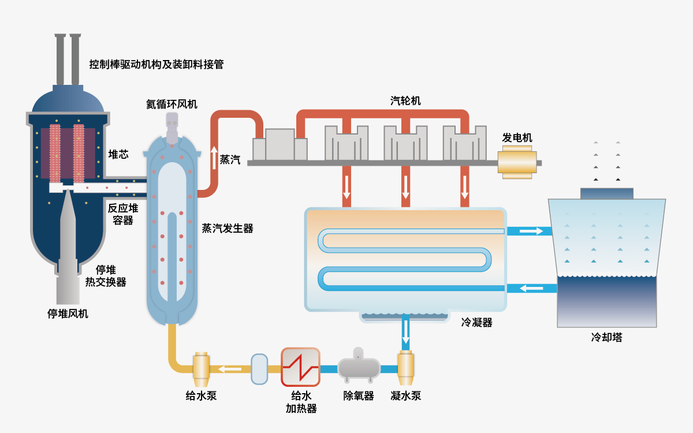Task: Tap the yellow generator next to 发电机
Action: tap(517, 162)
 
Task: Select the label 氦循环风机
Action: tap(172, 104)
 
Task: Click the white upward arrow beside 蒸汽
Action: tap(214, 158)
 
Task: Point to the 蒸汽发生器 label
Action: tap(228, 229)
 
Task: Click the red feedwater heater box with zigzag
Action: tap(300, 367)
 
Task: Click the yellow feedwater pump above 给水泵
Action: tap(201, 368)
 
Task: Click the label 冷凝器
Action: tap(476, 323)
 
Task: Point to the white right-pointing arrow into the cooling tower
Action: tap(531, 232)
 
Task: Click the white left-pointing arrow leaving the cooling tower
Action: tap(531, 288)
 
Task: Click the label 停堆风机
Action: tap(68, 314)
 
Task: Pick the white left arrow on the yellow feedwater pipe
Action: tap(229, 369)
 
